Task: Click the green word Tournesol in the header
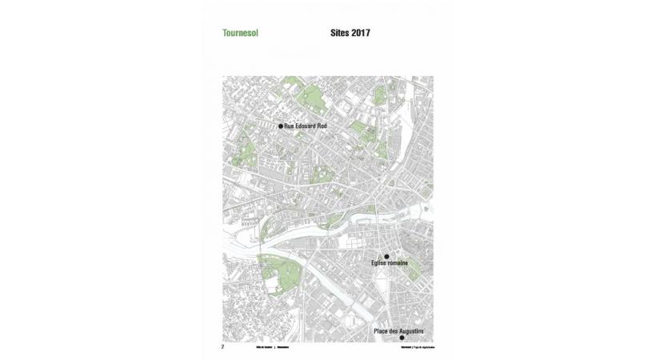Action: click(x=240, y=34)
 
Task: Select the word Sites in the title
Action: click(x=341, y=34)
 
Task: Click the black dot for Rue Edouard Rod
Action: click(x=281, y=126)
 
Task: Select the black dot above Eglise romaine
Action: click(x=387, y=257)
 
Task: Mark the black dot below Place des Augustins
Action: click(x=402, y=338)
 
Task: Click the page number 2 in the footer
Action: click(x=223, y=347)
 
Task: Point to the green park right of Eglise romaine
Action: click(x=414, y=271)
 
